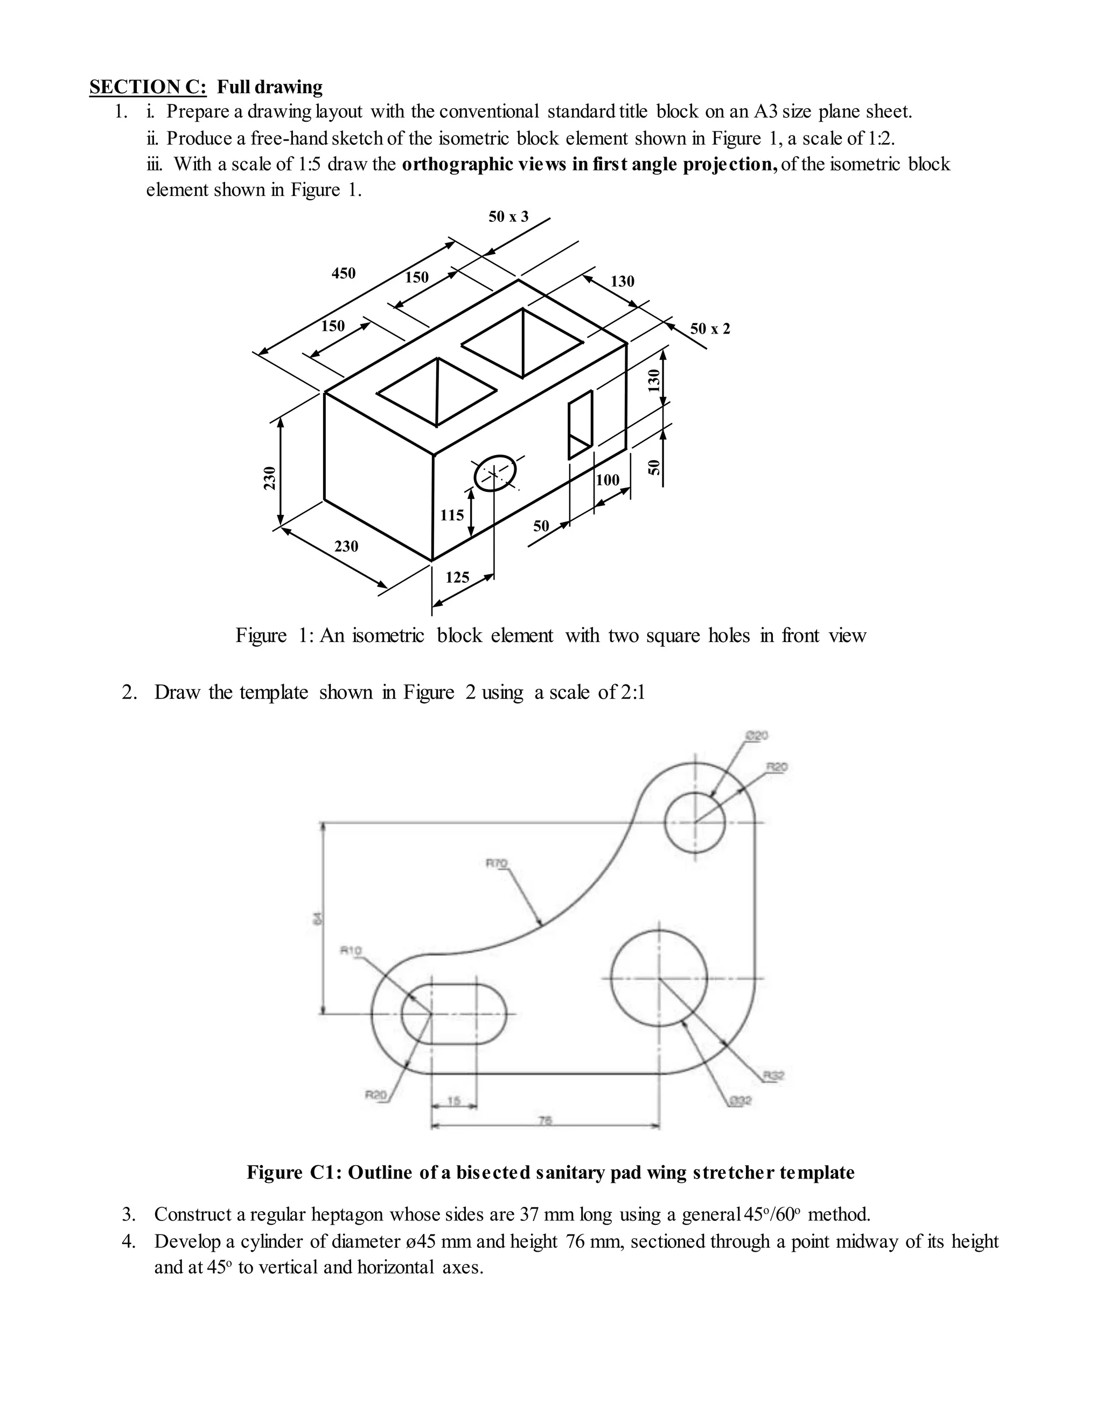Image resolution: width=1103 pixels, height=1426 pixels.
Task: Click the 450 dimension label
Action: tap(344, 273)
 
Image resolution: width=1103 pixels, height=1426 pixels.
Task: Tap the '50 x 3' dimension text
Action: tap(508, 217)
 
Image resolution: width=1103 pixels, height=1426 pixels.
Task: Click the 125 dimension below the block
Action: tap(457, 577)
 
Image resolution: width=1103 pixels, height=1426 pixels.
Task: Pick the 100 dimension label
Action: tap(608, 480)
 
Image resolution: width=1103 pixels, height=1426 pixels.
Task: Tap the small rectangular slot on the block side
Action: tap(580, 425)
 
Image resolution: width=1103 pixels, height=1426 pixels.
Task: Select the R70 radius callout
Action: tap(497, 864)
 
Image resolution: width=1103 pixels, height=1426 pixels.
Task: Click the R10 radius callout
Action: tap(351, 951)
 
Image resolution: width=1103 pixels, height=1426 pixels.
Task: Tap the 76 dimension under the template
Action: tap(545, 1120)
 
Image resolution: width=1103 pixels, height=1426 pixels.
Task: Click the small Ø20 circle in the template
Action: tap(695, 823)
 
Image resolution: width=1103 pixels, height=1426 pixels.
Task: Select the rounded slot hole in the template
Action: tap(454, 1014)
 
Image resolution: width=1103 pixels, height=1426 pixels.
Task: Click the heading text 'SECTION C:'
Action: tap(148, 87)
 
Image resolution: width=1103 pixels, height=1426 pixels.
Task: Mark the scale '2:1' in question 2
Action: tap(631, 692)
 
